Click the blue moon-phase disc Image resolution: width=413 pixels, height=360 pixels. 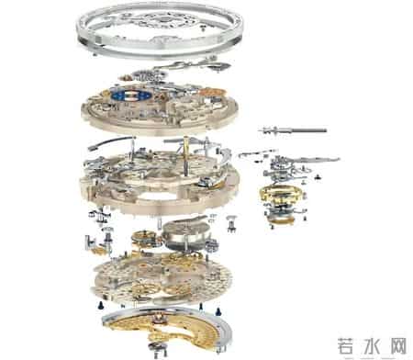click(x=131, y=96)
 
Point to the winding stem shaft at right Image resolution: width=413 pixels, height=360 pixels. click(x=293, y=130)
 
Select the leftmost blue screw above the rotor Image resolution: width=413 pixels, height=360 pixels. click(x=100, y=305)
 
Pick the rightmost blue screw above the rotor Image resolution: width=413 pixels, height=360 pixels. click(x=218, y=311)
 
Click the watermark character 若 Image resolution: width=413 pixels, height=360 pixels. click(x=349, y=347)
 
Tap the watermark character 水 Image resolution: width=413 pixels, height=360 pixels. click(x=372, y=347)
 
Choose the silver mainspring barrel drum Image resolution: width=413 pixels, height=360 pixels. click(x=186, y=234)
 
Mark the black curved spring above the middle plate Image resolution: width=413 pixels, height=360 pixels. click(x=111, y=142)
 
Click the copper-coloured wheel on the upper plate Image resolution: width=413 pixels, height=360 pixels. click(x=212, y=92)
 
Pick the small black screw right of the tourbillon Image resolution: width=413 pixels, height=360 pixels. click(x=318, y=176)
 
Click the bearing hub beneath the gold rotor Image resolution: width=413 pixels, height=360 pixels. click(x=158, y=348)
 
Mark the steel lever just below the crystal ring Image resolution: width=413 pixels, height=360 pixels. click(x=192, y=65)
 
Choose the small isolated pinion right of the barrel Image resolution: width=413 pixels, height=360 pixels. click(x=232, y=223)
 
